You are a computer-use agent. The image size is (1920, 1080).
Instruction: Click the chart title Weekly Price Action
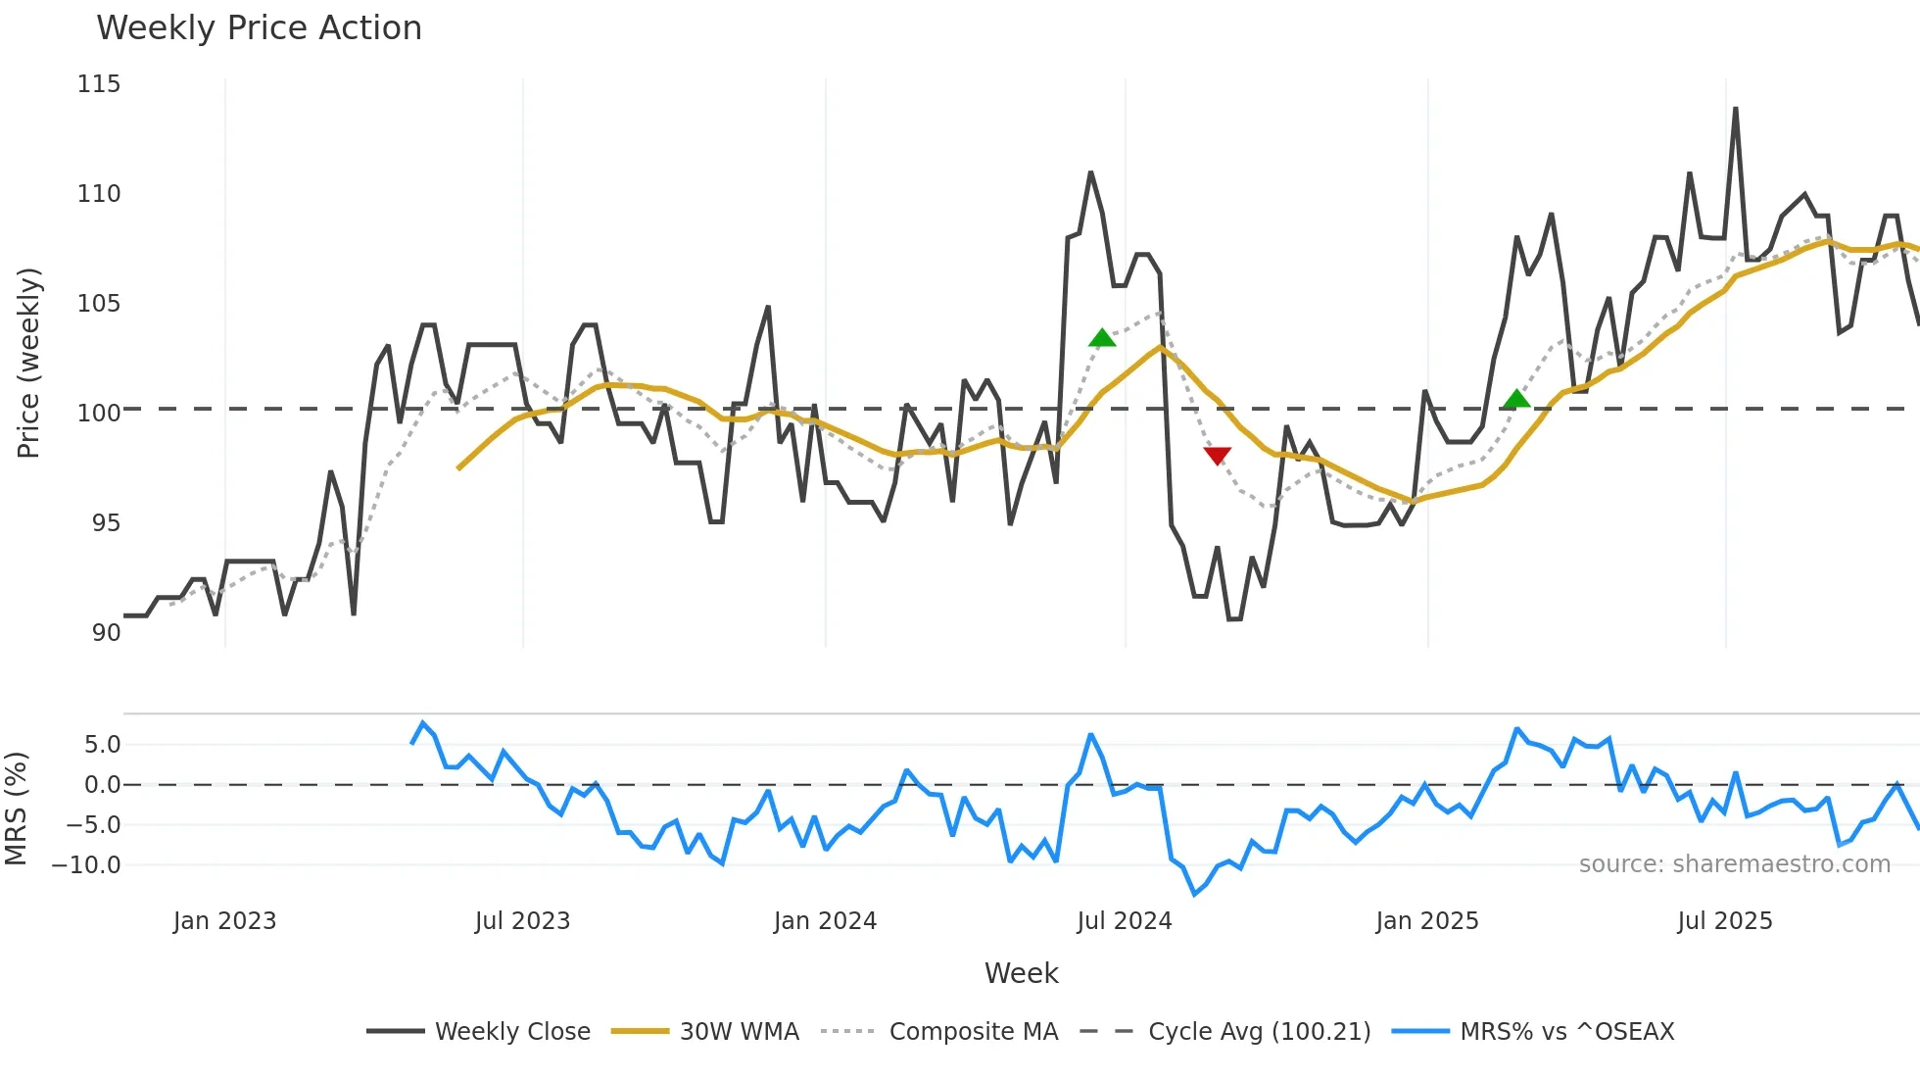pyautogui.click(x=259, y=28)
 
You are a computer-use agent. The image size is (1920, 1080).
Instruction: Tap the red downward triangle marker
pyautogui.click(x=1217, y=456)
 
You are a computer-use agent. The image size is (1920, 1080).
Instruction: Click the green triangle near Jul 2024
pyautogui.click(x=1102, y=338)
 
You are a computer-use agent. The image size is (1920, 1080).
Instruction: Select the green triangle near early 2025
pyautogui.click(x=1516, y=399)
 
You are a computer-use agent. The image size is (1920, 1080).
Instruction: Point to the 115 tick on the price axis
pyautogui.click(x=99, y=84)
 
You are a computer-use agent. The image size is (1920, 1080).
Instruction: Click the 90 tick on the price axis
pyautogui.click(x=106, y=633)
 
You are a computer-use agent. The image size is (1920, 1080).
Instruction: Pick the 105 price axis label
pyautogui.click(x=99, y=304)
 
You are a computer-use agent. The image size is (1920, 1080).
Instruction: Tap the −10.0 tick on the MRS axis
pyautogui.click(x=86, y=865)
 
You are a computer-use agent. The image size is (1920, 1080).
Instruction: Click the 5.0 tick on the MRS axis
pyautogui.click(x=102, y=745)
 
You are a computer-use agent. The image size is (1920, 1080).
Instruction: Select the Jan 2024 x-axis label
pyautogui.click(x=825, y=921)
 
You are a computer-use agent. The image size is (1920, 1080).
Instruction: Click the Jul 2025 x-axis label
pyautogui.click(x=1724, y=921)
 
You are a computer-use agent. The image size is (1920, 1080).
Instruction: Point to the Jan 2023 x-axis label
pyautogui.click(x=224, y=921)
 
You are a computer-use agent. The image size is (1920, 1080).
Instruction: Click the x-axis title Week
pyautogui.click(x=1021, y=973)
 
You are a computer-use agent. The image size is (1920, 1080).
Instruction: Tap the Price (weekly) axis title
pyautogui.click(x=28, y=363)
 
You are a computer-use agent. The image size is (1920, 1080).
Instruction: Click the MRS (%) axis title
pyautogui.click(x=16, y=809)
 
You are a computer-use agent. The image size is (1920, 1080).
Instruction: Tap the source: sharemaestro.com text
pyautogui.click(x=1734, y=864)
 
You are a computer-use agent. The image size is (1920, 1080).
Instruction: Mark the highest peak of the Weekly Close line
pyautogui.click(x=1735, y=109)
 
